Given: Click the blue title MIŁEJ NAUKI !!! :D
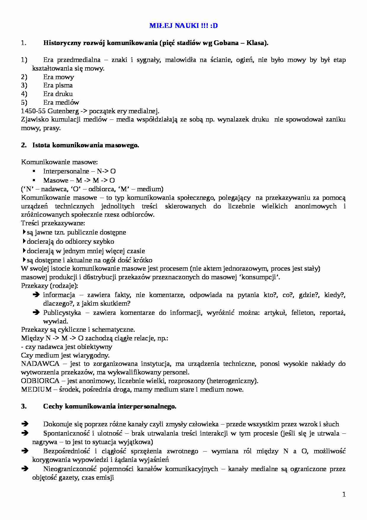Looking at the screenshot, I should click(183, 25).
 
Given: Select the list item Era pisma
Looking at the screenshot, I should click(58, 85).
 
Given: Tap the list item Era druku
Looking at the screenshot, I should click(58, 94).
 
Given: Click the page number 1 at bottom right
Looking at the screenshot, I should click(344, 494).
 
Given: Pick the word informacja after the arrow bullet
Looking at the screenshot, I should click(59, 295).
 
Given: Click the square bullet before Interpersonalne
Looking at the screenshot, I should click(34, 171).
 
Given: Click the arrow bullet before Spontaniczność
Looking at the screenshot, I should click(25, 433).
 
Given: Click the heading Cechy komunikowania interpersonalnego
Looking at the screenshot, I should click(110, 406).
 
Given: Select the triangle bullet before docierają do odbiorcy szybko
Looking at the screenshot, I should click(24, 241).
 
